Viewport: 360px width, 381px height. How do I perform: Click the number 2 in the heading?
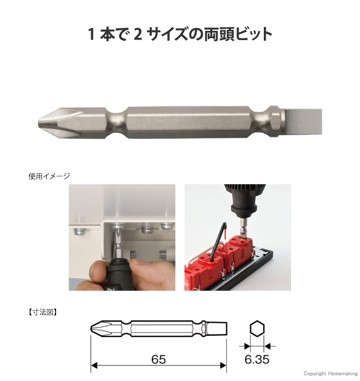137,34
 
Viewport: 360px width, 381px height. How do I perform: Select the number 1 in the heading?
91,34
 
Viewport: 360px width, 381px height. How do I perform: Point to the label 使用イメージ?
49,176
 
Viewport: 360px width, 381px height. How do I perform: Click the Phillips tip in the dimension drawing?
99,328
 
